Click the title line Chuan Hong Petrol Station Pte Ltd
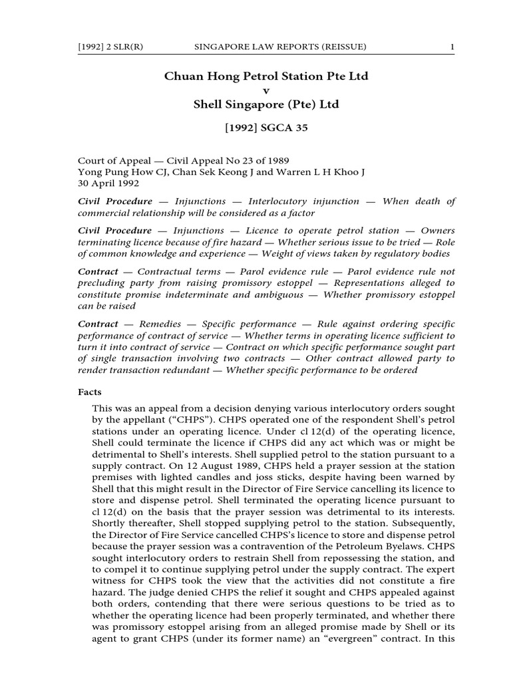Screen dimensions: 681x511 (266, 76)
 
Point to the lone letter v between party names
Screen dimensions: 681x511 (266, 90)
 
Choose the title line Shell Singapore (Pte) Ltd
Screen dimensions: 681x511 (266, 104)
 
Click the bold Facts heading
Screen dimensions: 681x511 (90, 392)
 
